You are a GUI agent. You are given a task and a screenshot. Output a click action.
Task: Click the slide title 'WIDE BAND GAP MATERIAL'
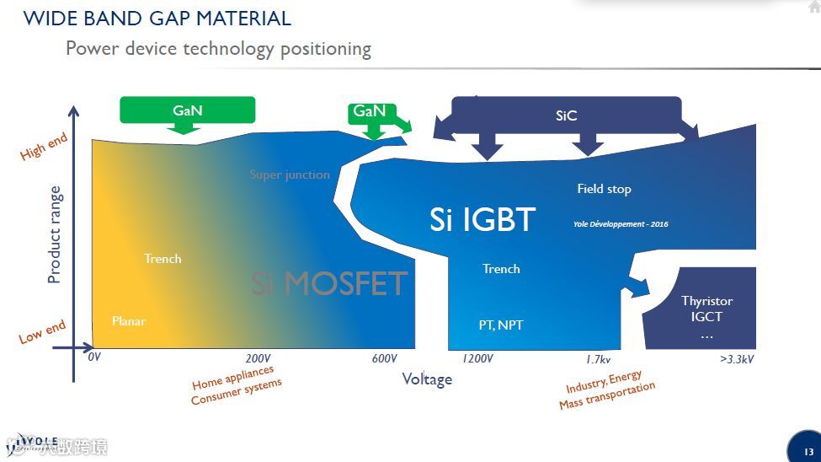point(157,18)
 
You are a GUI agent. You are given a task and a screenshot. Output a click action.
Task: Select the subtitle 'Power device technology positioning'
point(218,48)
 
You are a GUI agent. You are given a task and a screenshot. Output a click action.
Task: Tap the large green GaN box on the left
point(187,110)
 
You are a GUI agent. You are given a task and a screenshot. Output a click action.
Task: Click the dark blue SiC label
point(566,115)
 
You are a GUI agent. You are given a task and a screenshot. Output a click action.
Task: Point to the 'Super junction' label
point(290,175)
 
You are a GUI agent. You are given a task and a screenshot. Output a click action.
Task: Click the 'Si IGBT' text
point(482,220)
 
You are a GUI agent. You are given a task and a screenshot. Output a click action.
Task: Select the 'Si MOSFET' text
point(329,283)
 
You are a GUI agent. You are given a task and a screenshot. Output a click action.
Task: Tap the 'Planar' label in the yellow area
point(129,321)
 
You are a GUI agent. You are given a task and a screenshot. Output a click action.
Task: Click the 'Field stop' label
point(604,189)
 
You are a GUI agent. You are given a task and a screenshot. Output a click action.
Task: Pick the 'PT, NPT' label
point(500,325)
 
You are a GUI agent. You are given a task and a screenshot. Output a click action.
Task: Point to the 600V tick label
point(384,358)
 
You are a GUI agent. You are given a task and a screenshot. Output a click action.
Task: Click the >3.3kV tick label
point(737,358)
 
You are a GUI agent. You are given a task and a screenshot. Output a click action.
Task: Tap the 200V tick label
point(258,358)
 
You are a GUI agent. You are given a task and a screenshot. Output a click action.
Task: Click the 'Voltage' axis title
point(427,379)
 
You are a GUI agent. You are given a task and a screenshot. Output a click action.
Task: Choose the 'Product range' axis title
point(55,234)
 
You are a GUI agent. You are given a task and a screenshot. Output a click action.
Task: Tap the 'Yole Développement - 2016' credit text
point(621,224)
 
